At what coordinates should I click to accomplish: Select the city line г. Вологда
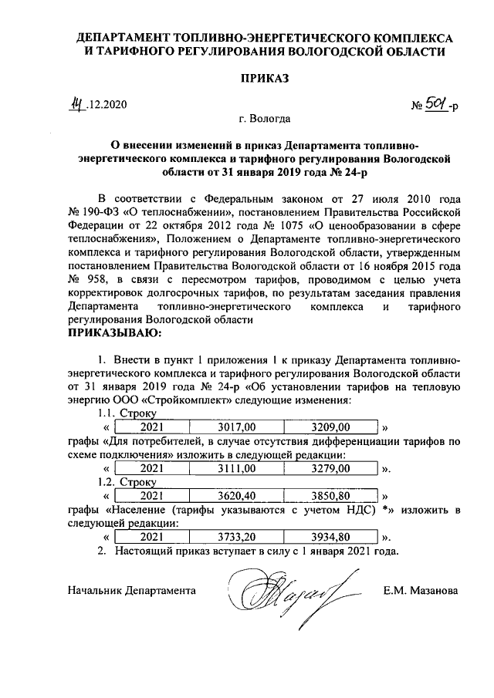click(265, 120)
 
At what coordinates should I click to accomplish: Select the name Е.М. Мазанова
click(420, 592)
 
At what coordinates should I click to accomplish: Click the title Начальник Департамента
click(130, 592)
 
